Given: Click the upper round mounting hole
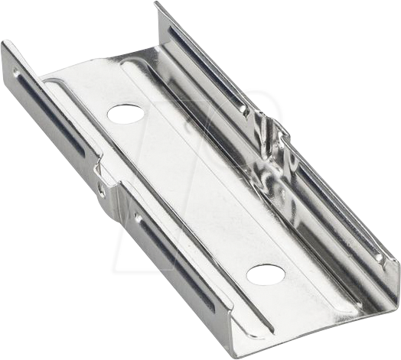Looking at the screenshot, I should pos(126,114).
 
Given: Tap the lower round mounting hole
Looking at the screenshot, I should pos(266,274).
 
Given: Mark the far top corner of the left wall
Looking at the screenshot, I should pos(5,44).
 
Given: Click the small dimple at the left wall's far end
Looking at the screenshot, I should pos(16,73).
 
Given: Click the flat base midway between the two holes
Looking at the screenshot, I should pos(195,194).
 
